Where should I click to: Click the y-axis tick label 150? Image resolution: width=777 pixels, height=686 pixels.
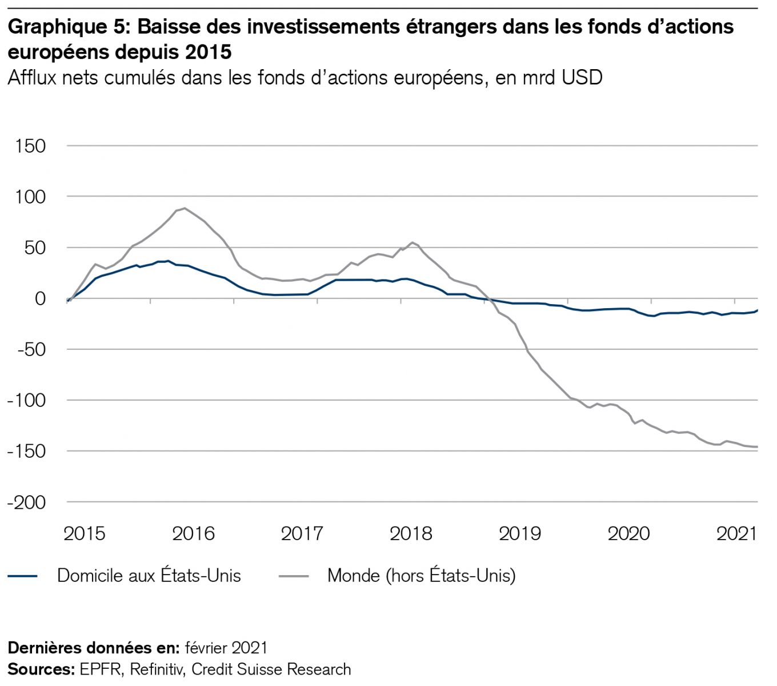[31, 146]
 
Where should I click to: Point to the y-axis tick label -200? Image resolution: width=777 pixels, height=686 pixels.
[26, 502]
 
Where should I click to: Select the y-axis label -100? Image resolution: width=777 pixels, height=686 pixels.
[26, 400]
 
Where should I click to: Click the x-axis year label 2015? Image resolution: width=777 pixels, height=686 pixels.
[84, 534]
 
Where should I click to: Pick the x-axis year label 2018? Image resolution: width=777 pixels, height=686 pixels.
[411, 534]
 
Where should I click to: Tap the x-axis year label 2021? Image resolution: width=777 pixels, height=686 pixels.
[736, 534]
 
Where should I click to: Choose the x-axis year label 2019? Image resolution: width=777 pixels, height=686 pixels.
[519, 534]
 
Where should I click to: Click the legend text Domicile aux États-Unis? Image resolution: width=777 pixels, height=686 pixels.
[149, 576]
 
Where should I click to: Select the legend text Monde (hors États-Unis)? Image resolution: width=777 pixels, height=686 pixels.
[422, 576]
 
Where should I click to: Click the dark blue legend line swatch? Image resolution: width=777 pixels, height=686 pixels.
[23, 576]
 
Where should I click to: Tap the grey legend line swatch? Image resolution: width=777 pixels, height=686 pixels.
[294, 576]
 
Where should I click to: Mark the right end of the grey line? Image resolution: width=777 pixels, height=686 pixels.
[758, 447]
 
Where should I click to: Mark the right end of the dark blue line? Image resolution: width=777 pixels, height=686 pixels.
[758, 310]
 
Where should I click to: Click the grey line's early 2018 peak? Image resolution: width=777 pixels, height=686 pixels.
[412, 242]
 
